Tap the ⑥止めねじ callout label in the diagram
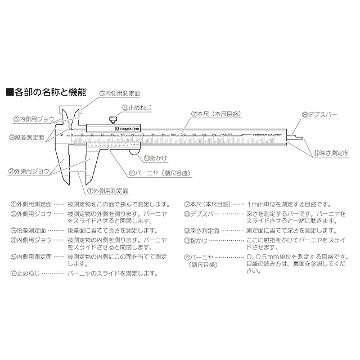click(135, 107)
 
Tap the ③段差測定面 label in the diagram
click(26, 137)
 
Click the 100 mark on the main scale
click(173, 135)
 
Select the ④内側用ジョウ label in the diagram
click(34, 119)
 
